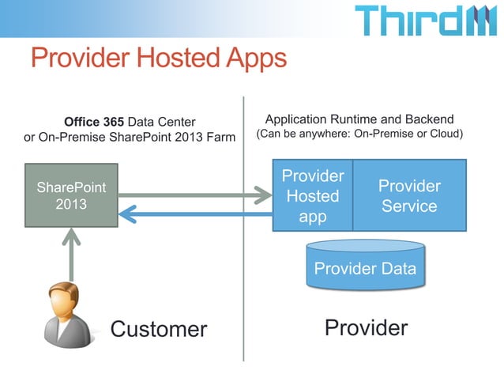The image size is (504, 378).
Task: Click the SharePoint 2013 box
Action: pyautogui.click(x=71, y=197)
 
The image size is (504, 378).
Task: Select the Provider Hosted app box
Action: pyautogui.click(x=312, y=196)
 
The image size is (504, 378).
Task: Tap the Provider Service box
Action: pyautogui.click(x=408, y=196)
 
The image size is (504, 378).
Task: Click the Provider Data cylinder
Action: pyautogui.click(x=365, y=268)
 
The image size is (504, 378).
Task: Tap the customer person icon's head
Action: pyautogui.click(x=64, y=301)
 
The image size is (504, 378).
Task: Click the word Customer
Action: pyautogui.click(x=158, y=328)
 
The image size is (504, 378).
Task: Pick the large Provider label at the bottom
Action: pyautogui.click(x=366, y=327)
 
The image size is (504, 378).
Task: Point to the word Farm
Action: pyautogui.click(x=220, y=138)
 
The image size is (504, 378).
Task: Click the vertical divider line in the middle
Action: pyautogui.click(x=243, y=237)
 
